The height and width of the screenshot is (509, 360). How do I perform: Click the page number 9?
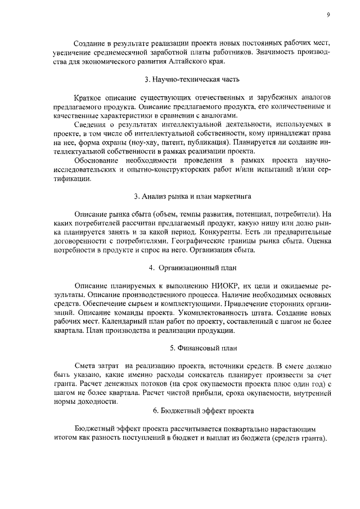pos(327,16)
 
